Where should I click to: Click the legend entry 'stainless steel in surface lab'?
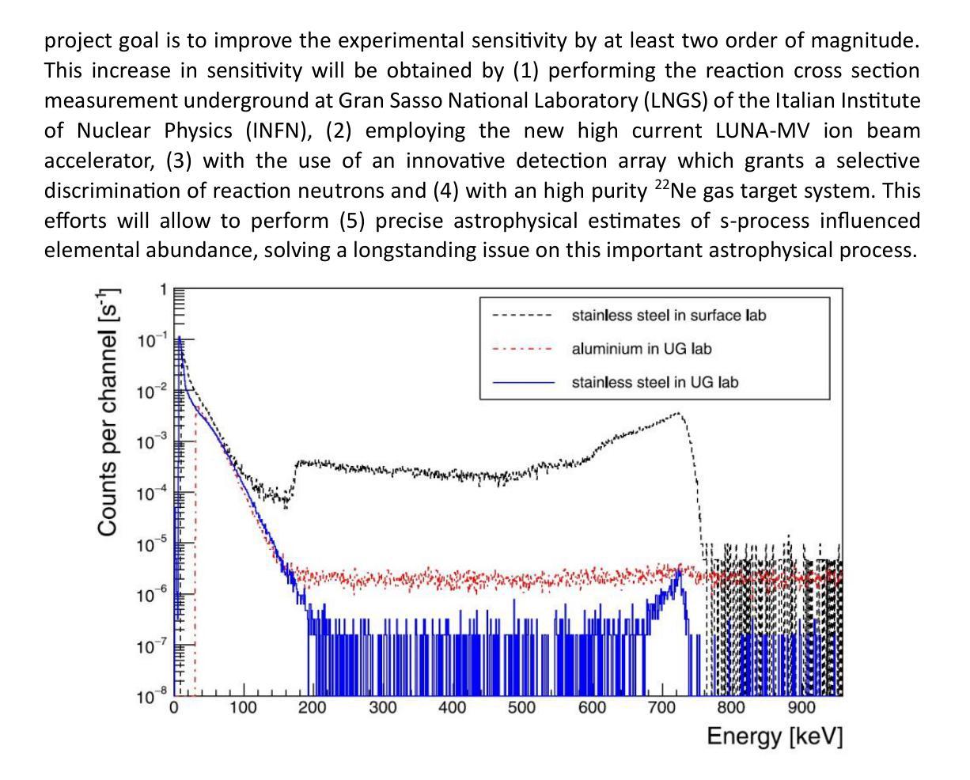(x=669, y=316)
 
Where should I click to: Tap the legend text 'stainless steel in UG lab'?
(x=654, y=383)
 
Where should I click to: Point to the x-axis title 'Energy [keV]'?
(x=775, y=736)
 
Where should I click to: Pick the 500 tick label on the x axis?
(x=521, y=708)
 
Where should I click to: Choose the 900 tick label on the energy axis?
(x=801, y=708)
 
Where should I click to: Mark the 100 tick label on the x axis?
(x=243, y=708)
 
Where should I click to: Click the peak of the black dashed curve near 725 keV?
(x=678, y=413)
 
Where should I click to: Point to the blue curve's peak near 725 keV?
(x=679, y=571)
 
